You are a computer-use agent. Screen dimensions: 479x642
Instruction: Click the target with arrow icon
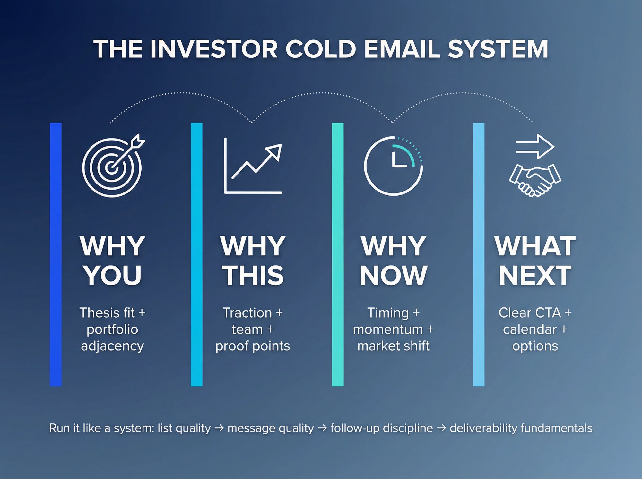point(112,166)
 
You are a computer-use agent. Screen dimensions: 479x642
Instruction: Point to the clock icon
point(394,166)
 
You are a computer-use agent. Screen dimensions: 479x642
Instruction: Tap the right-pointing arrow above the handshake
point(535,147)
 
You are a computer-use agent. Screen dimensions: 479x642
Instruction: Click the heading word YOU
point(112,275)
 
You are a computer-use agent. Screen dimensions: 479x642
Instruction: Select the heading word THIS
point(253,275)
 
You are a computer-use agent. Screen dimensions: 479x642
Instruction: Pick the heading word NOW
point(394,275)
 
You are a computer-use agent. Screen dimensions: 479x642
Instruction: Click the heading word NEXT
point(535,275)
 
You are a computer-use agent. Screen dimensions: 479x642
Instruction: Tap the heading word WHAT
point(535,246)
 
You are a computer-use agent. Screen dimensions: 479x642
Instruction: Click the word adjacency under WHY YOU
point(112,346)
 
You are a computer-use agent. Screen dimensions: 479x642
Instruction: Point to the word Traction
point(247,313)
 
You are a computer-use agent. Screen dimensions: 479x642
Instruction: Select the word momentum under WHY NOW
point(388,329)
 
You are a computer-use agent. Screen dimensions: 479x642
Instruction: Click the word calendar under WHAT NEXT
point(530,329)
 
